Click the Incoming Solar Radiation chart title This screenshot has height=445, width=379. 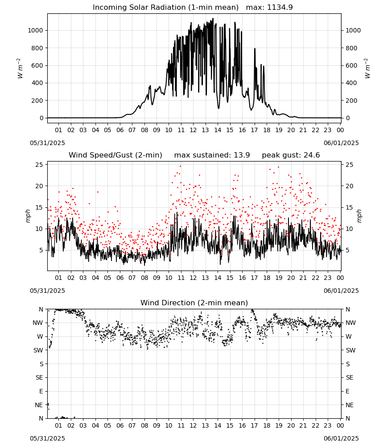point(165,8)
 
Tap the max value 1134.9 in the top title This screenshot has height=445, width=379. point(280,8)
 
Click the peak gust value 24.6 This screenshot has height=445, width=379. point(311,155)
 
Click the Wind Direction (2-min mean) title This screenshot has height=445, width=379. point(194,303)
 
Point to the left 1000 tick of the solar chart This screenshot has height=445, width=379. point(35,30)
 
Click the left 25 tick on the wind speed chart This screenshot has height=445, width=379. point(39,165)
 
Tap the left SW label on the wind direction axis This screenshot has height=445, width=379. point(38,350)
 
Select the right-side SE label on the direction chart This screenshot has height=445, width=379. point(350,377)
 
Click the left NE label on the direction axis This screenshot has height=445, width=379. point(39,405)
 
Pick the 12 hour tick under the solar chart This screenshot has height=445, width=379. point(193,130)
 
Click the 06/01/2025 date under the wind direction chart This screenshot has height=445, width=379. point(341,438)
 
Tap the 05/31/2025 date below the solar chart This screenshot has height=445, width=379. point(47,143)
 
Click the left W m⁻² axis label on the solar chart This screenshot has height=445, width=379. point(20,68)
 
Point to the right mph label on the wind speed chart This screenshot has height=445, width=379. point(359,216)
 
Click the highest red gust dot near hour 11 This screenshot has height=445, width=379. point(180,166)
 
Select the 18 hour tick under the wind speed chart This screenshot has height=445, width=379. point(266,278)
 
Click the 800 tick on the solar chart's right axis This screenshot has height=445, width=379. point(351,48)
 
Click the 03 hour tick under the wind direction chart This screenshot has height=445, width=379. point(83,425)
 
